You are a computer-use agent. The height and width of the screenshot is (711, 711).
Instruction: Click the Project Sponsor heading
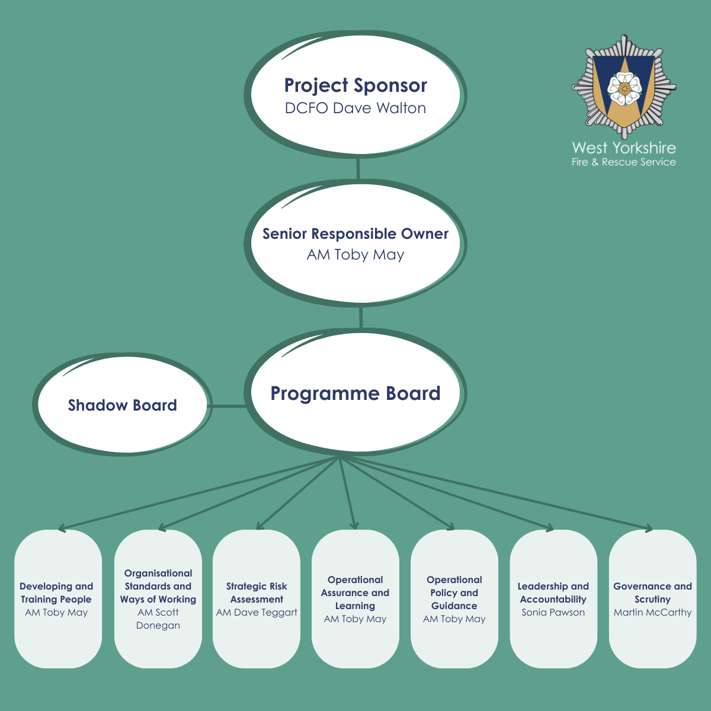coord(355,85)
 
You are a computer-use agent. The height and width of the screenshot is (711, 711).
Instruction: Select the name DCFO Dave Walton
coord(355,108)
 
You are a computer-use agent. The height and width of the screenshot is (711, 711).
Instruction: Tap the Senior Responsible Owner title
coord(355,233)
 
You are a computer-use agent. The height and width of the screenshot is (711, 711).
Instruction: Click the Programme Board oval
coord(355,393)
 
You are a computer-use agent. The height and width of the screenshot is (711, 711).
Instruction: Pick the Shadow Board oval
coord(122,405)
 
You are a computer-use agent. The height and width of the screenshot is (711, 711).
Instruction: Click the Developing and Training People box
coord(57,598)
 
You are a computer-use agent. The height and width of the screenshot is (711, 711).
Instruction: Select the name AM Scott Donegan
coord(158,619)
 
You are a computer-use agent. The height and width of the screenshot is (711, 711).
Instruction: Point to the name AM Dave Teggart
coord(257,613)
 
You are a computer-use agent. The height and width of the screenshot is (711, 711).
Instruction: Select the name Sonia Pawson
coord(553,613)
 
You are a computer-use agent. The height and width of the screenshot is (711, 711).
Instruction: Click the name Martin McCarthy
coord(652,613)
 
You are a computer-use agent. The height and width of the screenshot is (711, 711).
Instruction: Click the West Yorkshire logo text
coord(624,148)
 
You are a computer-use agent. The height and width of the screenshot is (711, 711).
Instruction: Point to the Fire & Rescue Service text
coord(624,162)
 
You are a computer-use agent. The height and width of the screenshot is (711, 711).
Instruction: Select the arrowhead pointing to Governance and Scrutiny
coord(649,529)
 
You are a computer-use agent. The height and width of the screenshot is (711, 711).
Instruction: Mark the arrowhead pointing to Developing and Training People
coord(62,527)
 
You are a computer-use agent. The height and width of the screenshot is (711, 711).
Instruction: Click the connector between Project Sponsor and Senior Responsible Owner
coord(358,168)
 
